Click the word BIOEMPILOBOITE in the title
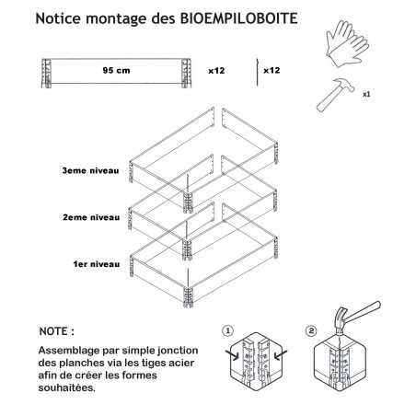click(x=238, y=18)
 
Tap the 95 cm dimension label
click(x=116, y=70)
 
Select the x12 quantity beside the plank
click(x=216, y=71)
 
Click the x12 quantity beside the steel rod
click(x=272, y=70)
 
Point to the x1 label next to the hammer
click(x=366, y=94)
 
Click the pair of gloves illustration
click(x=347, y=43)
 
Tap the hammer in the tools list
click(x=335, y=95)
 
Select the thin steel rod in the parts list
click(x=257, y=73)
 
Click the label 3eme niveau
click(x=90, y=170)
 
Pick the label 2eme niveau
click(x=91, y=217)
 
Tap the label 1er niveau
click(x=97, y=264)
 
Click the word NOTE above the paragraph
click(x=53, y=331)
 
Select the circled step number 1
click(x=227, y=330)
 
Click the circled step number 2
click(x=311, y=330)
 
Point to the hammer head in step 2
click(x=341, y=321)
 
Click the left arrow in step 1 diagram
click(x=233, y=354)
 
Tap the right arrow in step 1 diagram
click(x=281, y=354)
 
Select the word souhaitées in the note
click(x=67, y=387)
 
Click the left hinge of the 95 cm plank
click(x=46, y=73)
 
